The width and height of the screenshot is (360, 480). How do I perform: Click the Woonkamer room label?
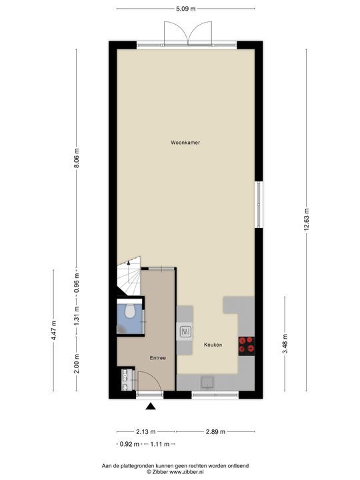(x=185, y=143)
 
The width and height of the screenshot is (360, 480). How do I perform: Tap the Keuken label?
(x=213, y=345)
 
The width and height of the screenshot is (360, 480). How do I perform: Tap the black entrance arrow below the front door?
(x=152, y=407)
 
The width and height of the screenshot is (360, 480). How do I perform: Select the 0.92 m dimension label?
(x=129, y=444)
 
